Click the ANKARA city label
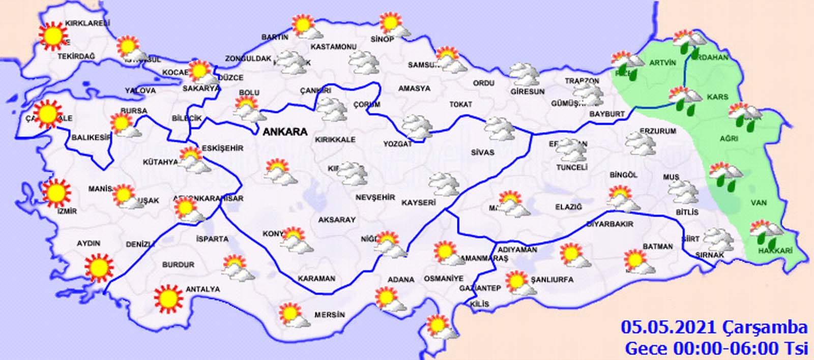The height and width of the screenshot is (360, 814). (x=285, y=132)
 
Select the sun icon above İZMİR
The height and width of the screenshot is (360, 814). (x=55, y=193)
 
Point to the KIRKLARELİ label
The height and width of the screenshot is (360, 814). (x=88, y=23)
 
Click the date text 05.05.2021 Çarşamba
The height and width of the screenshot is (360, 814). (x=714, y=327)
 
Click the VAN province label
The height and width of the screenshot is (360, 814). (x=759, y=203)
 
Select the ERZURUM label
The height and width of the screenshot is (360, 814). (x=658, y=131)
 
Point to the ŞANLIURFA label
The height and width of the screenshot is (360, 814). (x=552, y=280)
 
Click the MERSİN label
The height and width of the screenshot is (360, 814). (x=329, y=315)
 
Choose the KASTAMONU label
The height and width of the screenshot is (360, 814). (x=333, y=47)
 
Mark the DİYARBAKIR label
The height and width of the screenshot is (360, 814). (x=610, y=224)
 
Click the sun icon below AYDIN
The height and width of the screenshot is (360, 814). (x=99, y=267)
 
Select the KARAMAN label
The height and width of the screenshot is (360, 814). (x=316, y=279)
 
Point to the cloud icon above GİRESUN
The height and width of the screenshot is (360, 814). (x=525, y=75)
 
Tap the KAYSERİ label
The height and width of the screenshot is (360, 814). (x=419, y=202)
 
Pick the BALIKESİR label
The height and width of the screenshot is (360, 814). (x=91, y=137)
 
